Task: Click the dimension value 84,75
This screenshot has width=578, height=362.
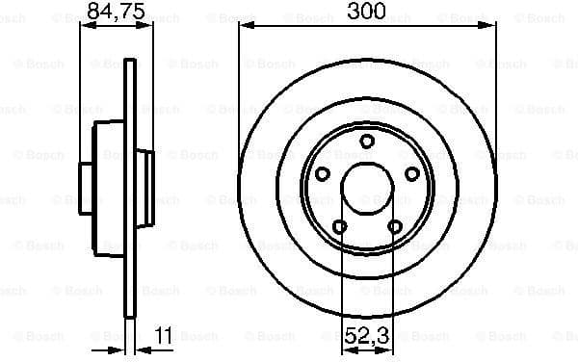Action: [109, 13]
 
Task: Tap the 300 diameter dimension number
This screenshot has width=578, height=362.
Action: [367, 13]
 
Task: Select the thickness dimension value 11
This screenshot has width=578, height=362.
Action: [164, 337]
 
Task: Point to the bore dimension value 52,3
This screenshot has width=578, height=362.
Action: [367, 337]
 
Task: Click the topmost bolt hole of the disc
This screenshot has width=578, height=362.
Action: [367, 142]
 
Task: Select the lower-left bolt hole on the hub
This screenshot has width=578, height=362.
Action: [339, 227]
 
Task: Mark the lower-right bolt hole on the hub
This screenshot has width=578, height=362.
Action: [395, 227]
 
